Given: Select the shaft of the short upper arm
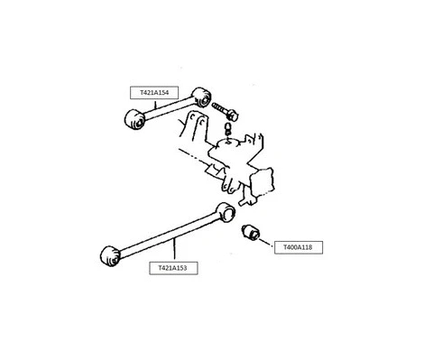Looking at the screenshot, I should coord(166,106).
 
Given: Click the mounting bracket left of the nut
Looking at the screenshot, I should coord(194,135).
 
